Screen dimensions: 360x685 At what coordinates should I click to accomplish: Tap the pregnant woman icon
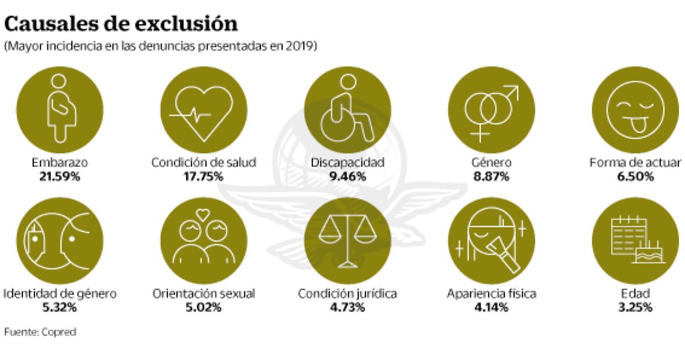coord(60,109)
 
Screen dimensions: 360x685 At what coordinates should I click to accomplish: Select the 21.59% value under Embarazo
coord(60,177)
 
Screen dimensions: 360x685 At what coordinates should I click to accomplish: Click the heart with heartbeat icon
coord(203,109)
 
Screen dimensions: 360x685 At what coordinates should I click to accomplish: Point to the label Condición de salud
coord(203,163)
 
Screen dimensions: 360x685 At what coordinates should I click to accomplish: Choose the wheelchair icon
coord(347,109)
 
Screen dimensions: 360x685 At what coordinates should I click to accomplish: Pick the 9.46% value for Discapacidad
coord(347,177)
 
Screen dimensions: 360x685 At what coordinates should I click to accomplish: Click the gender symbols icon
coord(491,109)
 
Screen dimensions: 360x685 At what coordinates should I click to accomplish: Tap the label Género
coord(491,163)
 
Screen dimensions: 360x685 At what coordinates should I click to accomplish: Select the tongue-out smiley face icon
coord(634,109)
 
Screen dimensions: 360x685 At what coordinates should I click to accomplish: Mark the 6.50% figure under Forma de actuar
coord(634,177)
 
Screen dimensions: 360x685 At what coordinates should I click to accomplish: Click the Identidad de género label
coord(60,294)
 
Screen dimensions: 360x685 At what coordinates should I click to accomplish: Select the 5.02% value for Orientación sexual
coord(203,308)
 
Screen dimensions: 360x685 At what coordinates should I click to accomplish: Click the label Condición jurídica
coord(347,294)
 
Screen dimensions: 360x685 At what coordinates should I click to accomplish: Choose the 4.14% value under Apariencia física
coord(491,308)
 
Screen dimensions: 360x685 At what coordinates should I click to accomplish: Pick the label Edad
coord(634,294)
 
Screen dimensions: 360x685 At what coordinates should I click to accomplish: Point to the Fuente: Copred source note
coord(40,333)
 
